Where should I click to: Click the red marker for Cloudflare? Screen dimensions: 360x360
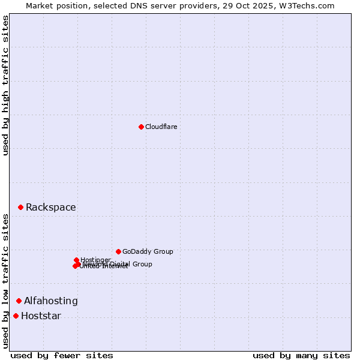pos(141,127)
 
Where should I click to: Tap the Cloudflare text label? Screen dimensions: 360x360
pos(161,127)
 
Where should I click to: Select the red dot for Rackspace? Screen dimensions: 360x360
pos(20,207)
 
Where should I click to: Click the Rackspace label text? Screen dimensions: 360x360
pos(50,208)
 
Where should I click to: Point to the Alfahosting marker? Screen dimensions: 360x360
pos(19,301)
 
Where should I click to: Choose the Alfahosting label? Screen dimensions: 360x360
pos(50,301)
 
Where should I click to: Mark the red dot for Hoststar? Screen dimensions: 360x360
pos(16,316)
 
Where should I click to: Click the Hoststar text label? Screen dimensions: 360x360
pos(41,316)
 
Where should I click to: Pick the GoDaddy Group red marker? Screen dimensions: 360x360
pos(118,251)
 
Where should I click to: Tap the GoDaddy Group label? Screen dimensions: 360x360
pos(148,251)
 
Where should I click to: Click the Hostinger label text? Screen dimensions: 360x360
pos(95,260)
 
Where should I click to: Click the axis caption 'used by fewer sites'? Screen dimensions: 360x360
pos(62,355)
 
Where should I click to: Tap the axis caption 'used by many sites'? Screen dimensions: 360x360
pos(301,355)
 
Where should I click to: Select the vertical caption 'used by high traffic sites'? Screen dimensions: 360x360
pos(5,85)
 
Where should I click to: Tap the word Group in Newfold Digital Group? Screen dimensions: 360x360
pos(142,264)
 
